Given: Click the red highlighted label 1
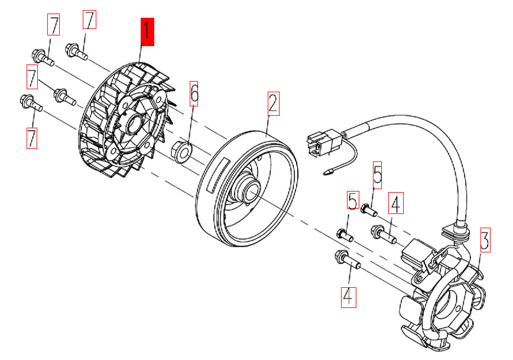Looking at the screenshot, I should click(147, 32).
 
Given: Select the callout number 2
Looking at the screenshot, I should click(272, 103).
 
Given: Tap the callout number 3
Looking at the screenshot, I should click(485, 239).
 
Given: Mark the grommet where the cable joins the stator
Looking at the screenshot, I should click(460, 228).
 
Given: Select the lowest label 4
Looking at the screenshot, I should click(348, 295).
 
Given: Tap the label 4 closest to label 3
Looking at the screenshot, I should click(395, 205).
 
